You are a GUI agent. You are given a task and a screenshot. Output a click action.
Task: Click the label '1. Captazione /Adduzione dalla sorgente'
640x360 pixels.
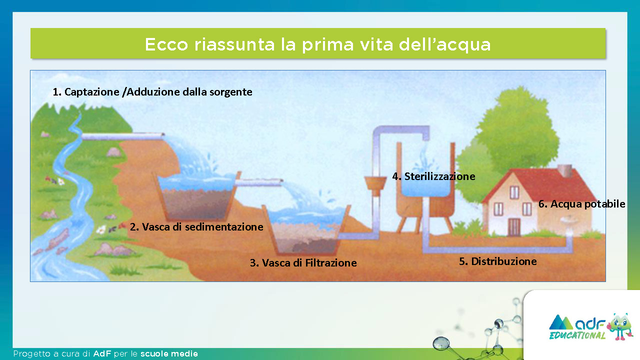tap(152, 92)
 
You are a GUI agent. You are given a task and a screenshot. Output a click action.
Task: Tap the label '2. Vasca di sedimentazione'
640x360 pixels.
tap(196, 227)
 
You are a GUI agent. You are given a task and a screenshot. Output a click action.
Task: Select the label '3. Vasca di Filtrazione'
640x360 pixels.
tap(303, 262)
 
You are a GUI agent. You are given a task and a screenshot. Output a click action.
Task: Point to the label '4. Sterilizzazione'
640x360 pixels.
tap(433, 176)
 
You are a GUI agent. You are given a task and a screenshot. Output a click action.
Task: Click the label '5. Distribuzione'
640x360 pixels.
tap(498, 261)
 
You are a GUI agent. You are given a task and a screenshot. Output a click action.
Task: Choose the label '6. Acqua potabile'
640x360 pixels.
tap(581, 204)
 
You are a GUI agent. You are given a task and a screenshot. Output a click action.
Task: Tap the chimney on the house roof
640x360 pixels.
tap(565, 170)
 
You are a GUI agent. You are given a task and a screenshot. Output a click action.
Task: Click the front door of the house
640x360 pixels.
tap(513, 227)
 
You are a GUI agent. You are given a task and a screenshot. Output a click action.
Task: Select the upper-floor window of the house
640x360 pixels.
tap(514, 192)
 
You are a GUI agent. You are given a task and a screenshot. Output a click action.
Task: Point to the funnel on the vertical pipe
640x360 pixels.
tap(375, 183)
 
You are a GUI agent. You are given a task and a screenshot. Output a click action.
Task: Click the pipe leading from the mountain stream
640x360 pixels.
tap(123, 136)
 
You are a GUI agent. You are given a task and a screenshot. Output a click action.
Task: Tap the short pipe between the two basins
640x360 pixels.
tap(259, 182)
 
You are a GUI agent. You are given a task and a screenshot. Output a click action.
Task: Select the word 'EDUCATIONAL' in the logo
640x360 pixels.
tap(577, 335)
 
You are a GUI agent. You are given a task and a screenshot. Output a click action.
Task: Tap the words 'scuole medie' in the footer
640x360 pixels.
tap(169, 353)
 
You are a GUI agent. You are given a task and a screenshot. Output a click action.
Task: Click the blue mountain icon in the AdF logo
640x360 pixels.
tap(561, 322)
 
